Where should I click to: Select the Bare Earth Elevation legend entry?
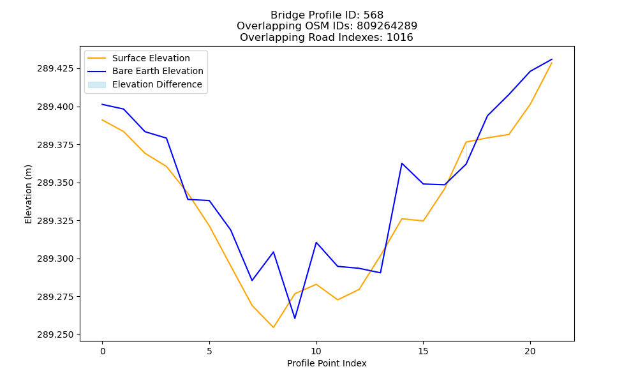point(145,71)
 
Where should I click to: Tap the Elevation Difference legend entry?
point(145,84)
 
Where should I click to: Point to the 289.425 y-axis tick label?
point(56,68)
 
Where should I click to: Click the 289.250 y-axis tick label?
point(56,335)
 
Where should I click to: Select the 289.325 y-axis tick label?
point(56,221)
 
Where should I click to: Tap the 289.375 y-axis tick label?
point(56,145)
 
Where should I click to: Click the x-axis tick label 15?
point(423,351)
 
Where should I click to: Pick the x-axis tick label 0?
point(102,351)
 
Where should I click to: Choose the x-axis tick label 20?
point(530,351)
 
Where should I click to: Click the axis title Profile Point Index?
point(327,363)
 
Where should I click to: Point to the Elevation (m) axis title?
point(28,194)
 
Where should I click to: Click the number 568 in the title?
point(373,15)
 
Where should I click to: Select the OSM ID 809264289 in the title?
point(387,26)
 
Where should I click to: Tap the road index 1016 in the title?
point(399,38)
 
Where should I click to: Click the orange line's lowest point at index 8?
point(274,327)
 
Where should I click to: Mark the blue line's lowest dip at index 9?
point(295,319)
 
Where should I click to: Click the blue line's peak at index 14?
point(402,163)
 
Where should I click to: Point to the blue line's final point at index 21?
point(552,59)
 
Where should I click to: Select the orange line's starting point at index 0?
point(102,119)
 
